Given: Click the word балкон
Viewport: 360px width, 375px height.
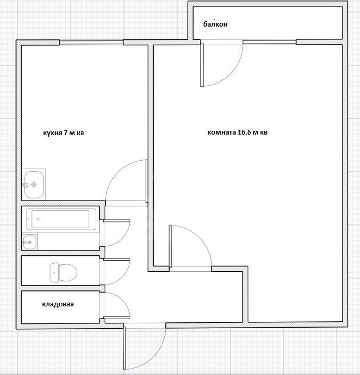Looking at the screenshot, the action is pyautogui.click(x=215, y=24).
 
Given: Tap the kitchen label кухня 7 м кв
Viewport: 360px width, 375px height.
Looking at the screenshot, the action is pyautogui.click(x=64, y=133).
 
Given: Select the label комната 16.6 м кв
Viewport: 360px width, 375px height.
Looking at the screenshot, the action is pyautogui.click(x=237, y=132).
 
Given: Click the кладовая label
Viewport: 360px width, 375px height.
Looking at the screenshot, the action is pyautogui.click(x=58, y=304).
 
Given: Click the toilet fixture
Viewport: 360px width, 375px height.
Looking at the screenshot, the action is pyautogui.click(x=63, y=272).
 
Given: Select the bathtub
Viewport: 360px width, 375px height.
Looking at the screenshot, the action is pyautogui.click(x=61, y=219).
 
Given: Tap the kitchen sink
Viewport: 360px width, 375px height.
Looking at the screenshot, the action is pyautogui.click(x=34, y=185).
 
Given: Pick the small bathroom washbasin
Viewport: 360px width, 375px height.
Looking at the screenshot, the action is pyautogui.click(x=30, y=242).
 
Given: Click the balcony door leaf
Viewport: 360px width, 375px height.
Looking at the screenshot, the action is pyautogui.click(x=202, y=65).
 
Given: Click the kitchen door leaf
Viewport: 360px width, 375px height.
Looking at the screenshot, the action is pyautogui.click(x=147, y=181).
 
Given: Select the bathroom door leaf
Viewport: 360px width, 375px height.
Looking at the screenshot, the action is pyautogui.click(x=116, y=221).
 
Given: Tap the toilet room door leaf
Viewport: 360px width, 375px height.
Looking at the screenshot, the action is pyautogui.click(x=116, y=259).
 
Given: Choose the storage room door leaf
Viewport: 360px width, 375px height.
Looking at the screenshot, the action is pyautogui.click(x=116, y=318).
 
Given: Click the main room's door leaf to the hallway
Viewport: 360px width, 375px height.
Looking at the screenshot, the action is pyautogui.click(x=170, y=246).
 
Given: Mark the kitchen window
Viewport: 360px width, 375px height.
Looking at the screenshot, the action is pyautogui.click(x=91, y=43).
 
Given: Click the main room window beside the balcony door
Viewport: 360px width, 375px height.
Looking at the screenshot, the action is pyautogui.click(x=270, y=42).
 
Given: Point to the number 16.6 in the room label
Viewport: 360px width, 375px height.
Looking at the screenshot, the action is pyautogui.click(x=244, y=132).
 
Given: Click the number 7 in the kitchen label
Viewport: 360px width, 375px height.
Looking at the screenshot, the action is pyautogui.click(x=65, y=133).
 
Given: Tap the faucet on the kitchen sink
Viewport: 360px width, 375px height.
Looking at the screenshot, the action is pyautogui.click(x=26, y=185).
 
